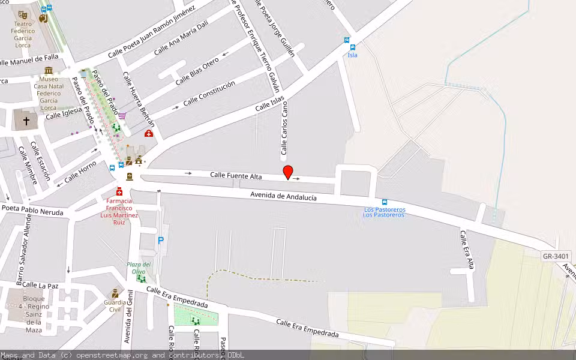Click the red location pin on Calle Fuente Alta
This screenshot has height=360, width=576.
coord(288,172)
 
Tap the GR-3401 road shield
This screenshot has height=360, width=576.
coord(556,257)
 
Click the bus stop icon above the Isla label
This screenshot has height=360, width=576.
coord(352,47)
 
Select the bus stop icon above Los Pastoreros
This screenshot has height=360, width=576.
coord(385,202)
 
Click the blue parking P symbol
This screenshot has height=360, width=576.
coord(160,240)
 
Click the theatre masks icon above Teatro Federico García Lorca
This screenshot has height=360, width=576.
coord(23,14)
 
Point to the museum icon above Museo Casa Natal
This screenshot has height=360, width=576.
coord(49,70)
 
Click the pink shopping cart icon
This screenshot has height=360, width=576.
coord(122,115)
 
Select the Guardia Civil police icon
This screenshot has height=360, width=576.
coord(114,294)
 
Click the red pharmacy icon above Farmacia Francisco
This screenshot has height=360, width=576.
coord(119,191)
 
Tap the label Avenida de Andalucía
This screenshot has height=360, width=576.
coord(283,196)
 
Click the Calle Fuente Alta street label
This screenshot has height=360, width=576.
coord(236,175)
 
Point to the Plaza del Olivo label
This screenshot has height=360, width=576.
coord(139,268)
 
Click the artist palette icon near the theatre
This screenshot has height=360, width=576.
coord(42,19)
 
